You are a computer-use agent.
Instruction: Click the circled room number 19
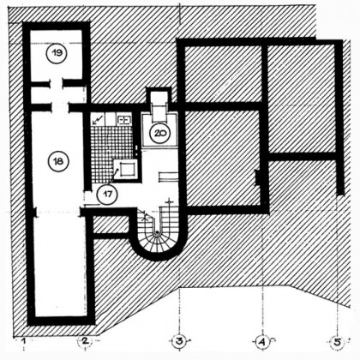(57, 53)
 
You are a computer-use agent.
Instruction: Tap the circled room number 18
(58, 162)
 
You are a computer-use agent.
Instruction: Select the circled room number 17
(107, 195)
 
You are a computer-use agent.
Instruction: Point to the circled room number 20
(159, 133)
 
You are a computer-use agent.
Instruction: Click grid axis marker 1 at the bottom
(25, 341)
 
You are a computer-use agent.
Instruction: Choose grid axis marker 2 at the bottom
(85, 340)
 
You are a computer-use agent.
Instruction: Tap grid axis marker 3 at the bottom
(179, 341)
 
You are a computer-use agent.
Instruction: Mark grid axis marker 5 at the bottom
(338, 342)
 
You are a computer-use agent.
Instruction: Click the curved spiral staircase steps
(157, 243)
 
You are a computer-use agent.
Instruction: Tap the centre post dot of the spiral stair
(157, 232)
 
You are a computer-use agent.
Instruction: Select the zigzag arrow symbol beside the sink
(98, 119)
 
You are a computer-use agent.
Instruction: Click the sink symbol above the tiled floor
(124, 120)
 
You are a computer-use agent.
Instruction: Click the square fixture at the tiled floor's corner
(126, 169)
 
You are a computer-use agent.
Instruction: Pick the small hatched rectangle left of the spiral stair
(111, 225)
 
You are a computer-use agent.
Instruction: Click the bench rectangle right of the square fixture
(167, 177)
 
